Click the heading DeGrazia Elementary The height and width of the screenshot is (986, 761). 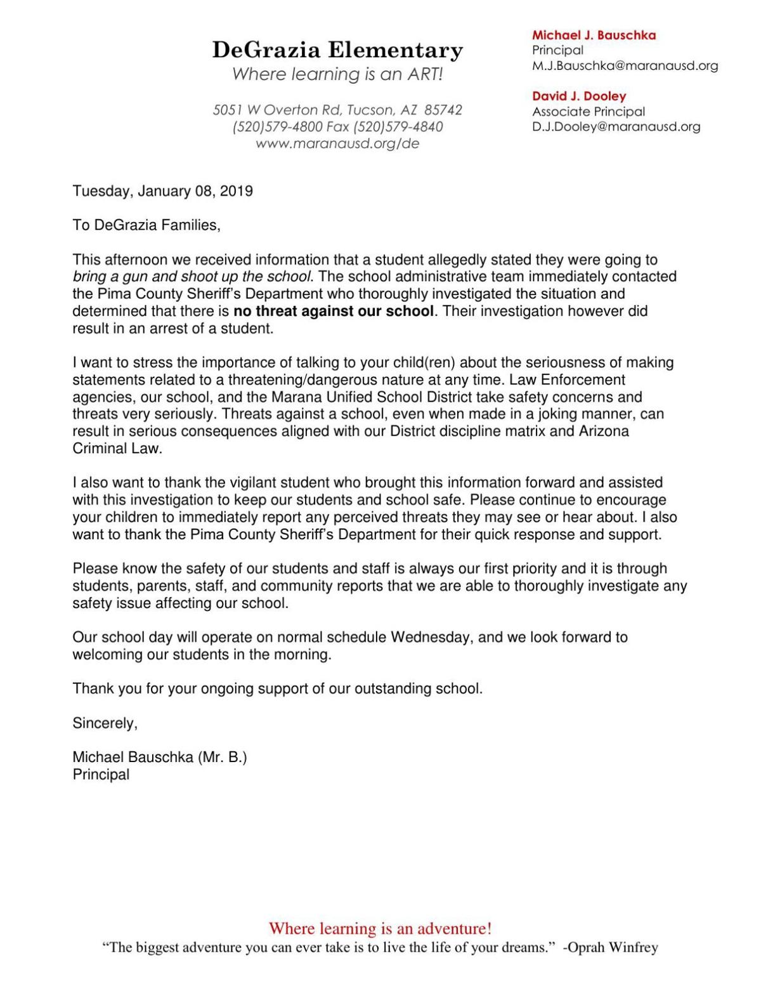(x=337, y=49)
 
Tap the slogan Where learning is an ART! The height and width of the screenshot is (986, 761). (x=337, y=74)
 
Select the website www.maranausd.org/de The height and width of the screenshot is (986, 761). (x=337, y=143)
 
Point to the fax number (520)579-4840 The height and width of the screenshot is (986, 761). (x=398, y=127)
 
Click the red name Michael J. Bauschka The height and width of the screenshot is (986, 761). (x=594, y=36)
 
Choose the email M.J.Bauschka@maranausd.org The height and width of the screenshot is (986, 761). (x=625, y=65)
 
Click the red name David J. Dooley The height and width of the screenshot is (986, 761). (x=578, y=96)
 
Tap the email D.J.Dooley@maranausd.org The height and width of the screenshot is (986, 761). (x=616, y=126)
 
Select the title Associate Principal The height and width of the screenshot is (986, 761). (x=588, y=112)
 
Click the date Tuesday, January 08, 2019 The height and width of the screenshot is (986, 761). (x=162, y=191)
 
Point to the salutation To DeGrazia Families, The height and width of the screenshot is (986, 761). (x=146, y=225)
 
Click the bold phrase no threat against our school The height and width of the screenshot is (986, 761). (x=334, y=312)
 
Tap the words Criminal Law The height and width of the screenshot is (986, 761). (x=117, y=449)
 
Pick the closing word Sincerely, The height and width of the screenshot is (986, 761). (x=105, y=723)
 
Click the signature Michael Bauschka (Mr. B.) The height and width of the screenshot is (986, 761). (x=159, y=758)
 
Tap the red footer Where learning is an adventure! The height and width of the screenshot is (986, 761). (x=380, y=929)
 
